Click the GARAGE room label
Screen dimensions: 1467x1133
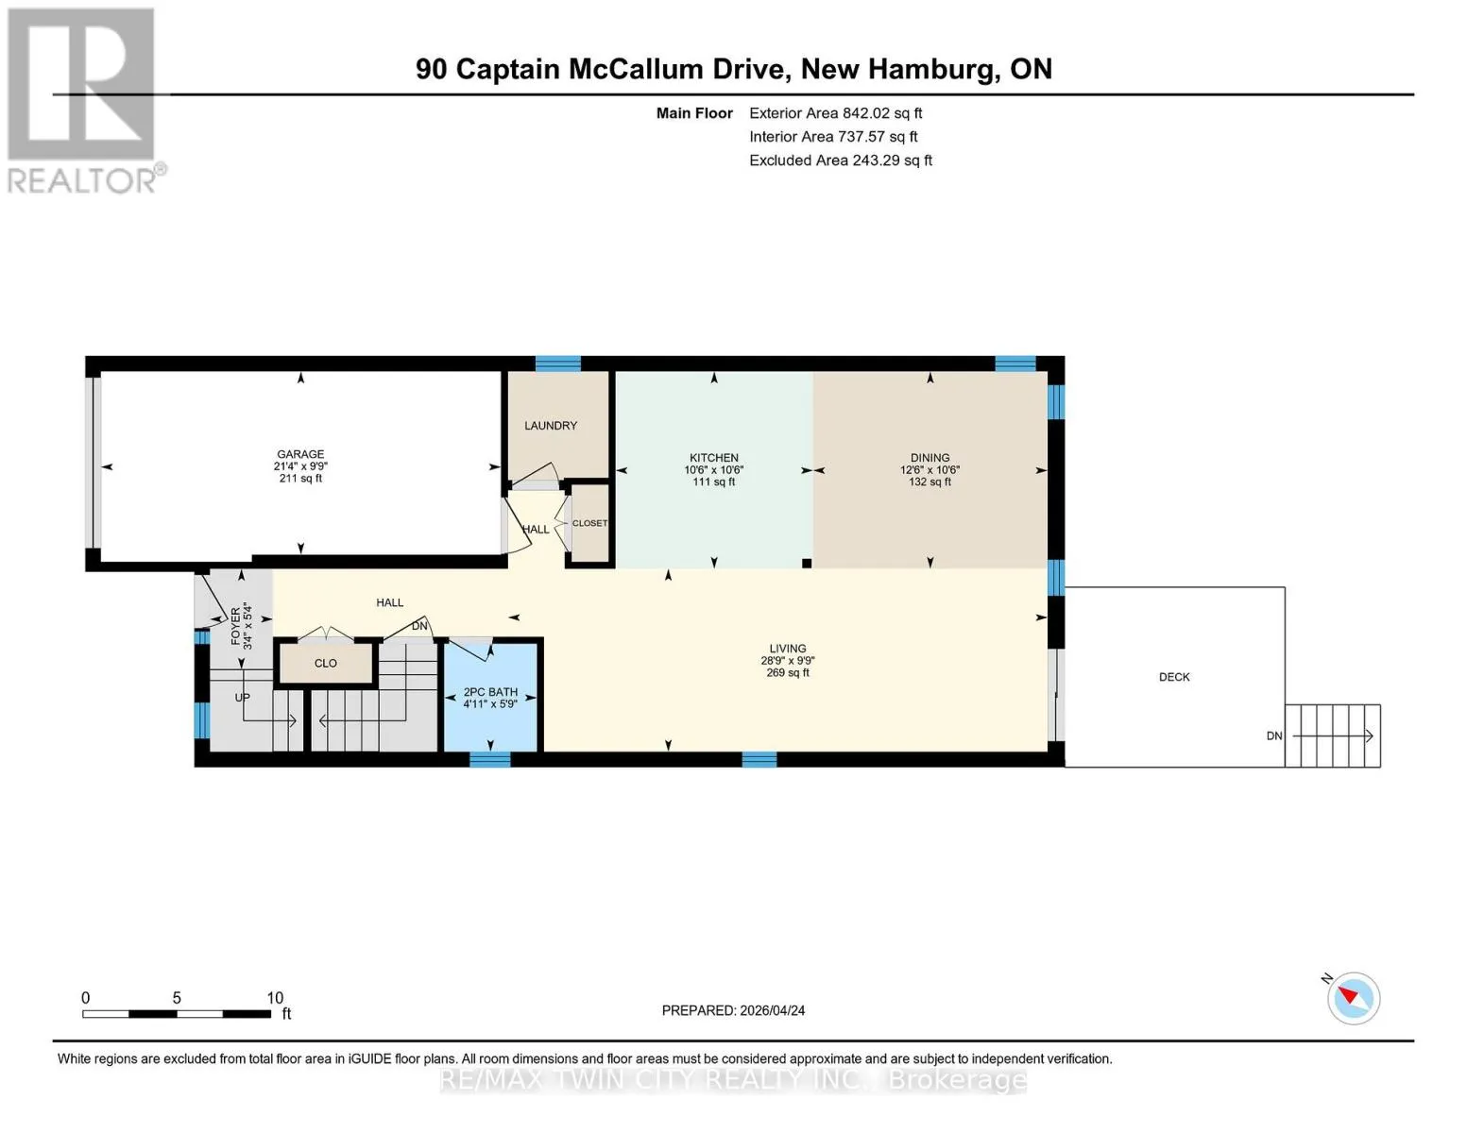pos(300,454)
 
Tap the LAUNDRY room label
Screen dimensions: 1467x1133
pos(551,425)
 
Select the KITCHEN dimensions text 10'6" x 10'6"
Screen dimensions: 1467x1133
pos(713,469)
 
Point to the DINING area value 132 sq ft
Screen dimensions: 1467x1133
pos(930,482)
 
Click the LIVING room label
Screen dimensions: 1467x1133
pos(787,649)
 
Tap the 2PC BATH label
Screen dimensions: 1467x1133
pos(490,692)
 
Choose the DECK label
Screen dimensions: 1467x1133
pos(1174,677)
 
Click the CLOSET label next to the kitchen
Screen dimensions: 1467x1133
pos(589,523)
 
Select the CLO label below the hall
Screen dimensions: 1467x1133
pos(325,664)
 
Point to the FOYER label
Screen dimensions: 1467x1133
pos(235,626)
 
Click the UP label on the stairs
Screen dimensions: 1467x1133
pos(243,697)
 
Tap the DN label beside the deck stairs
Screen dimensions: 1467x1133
pos(1274,736)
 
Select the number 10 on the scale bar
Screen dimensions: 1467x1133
pos(275,997)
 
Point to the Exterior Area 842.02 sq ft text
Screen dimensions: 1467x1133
pos(836,113)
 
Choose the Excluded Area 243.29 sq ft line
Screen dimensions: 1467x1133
pos(841,161)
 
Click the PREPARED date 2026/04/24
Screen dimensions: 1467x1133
pos(773,1010)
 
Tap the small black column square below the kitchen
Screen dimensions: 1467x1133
pos(806,563)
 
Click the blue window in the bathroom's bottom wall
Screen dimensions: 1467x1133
pos(490,760)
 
